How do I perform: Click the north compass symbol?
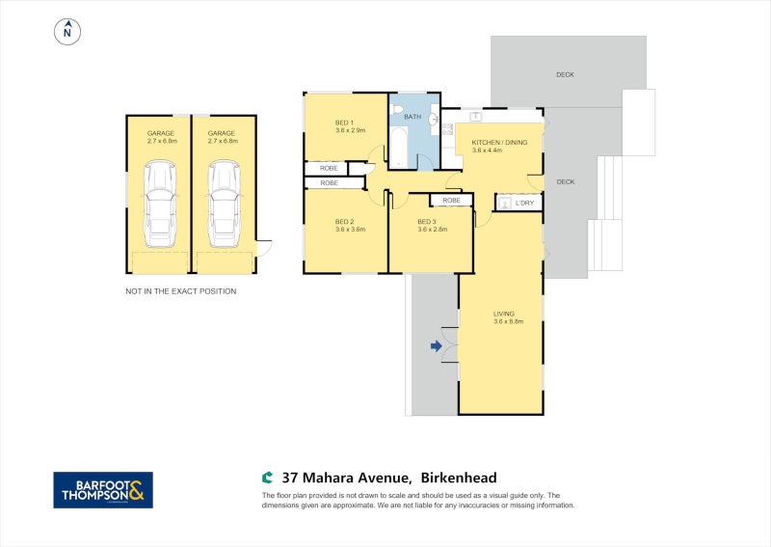pos(66,32)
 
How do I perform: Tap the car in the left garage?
pos(159,203)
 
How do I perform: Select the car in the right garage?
pos(223,203)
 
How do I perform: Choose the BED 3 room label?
pos(427,222)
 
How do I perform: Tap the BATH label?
pos(412,117)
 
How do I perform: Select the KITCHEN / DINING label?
pos(499,142)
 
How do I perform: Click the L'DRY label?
pos(525,203)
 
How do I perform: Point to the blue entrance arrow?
pos(436,344)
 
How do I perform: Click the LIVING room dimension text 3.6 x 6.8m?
pos(508,321)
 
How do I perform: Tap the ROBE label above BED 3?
pos(451,201)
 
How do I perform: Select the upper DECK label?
pos(566,74)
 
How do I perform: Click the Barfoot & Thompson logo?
pos(102,490)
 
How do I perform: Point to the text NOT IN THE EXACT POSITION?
pos(181,290)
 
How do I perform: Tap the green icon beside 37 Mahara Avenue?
pos(268,478)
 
